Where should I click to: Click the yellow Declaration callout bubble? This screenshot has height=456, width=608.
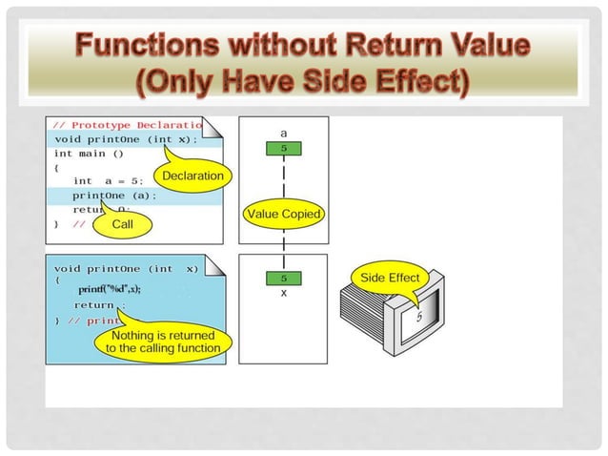(193, 176)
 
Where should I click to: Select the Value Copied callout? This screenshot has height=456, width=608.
(283, 215)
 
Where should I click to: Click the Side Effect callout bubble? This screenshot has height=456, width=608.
(390, 277)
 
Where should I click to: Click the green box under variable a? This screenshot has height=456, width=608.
(283, 149)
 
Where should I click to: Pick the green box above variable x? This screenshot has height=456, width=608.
(283, 278)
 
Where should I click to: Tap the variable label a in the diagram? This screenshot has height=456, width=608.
(283, 133)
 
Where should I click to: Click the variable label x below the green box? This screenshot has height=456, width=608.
(283, 293)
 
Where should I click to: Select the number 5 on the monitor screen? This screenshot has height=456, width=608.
(418, 317)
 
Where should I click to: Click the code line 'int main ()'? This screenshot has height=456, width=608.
(90, 154)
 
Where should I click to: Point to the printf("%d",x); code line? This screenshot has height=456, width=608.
(109, 289)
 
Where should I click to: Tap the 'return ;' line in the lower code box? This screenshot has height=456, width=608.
(99, 305)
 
